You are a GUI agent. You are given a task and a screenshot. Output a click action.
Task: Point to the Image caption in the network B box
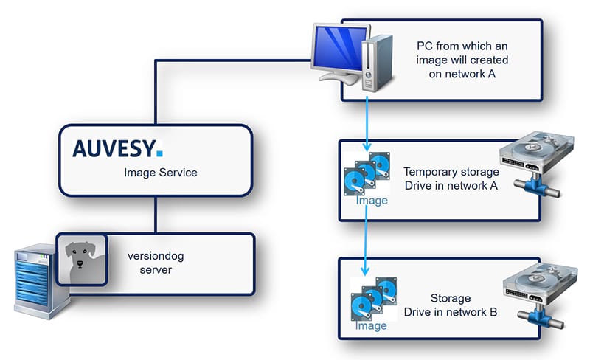[x=371, y=325]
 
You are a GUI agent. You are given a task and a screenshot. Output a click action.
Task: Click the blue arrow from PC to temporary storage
[x=367, y=122]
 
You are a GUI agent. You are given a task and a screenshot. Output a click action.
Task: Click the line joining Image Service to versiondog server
[x=155, y=215]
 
